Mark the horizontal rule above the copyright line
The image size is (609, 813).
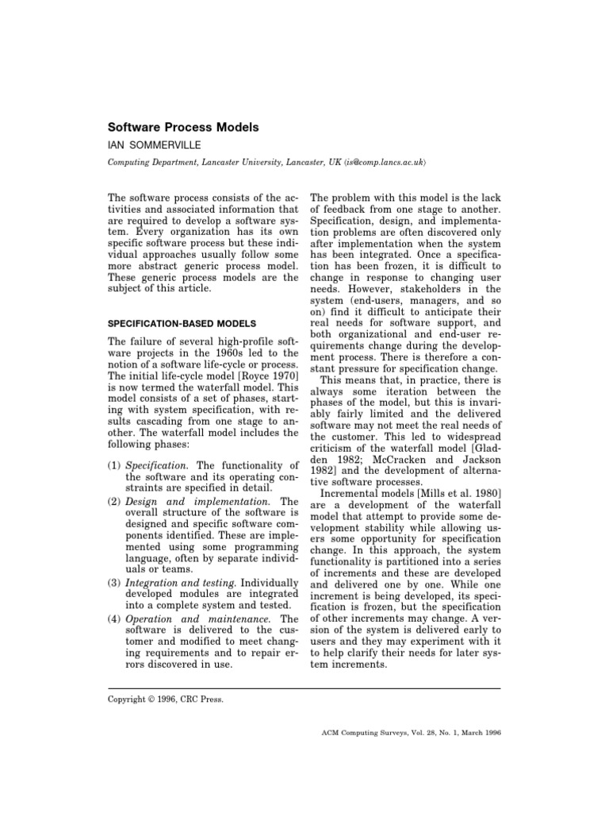tap(304, 688)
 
